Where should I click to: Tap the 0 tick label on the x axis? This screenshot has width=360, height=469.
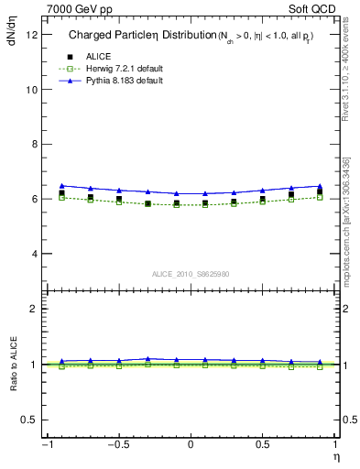(x=190, y=445)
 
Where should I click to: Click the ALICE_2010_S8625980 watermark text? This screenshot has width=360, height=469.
(x=190, y=274)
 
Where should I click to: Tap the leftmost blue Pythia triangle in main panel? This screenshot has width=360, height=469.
(x=61, y=185)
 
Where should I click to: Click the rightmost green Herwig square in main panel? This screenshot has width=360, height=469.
(x=320, y=197)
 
